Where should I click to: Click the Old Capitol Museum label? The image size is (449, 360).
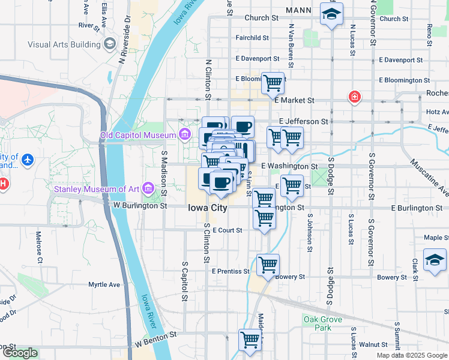click(139, 135)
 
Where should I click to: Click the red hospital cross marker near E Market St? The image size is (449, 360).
click(355, 97)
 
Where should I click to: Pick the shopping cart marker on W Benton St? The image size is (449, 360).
click(250, 340)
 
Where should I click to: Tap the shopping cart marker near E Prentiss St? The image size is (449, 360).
click(268, 264)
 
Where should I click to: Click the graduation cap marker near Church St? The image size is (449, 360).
click(331, 15)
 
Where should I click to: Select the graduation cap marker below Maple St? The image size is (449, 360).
click(435, 260)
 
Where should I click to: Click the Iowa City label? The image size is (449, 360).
click(208, 208)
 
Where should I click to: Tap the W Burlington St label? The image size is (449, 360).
click(140, 206)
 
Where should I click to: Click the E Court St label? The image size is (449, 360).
click(226, 230)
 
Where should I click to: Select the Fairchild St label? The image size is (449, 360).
click(252, 38)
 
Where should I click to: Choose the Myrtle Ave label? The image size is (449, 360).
click(104, 284)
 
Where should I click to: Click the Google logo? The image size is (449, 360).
click(19, 353)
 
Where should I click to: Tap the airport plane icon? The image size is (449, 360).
click(28, 161)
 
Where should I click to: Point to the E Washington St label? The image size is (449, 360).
click(289, 166)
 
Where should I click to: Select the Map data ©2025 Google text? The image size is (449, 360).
click(412, 355)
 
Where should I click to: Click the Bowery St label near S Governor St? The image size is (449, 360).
click(392, 277)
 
